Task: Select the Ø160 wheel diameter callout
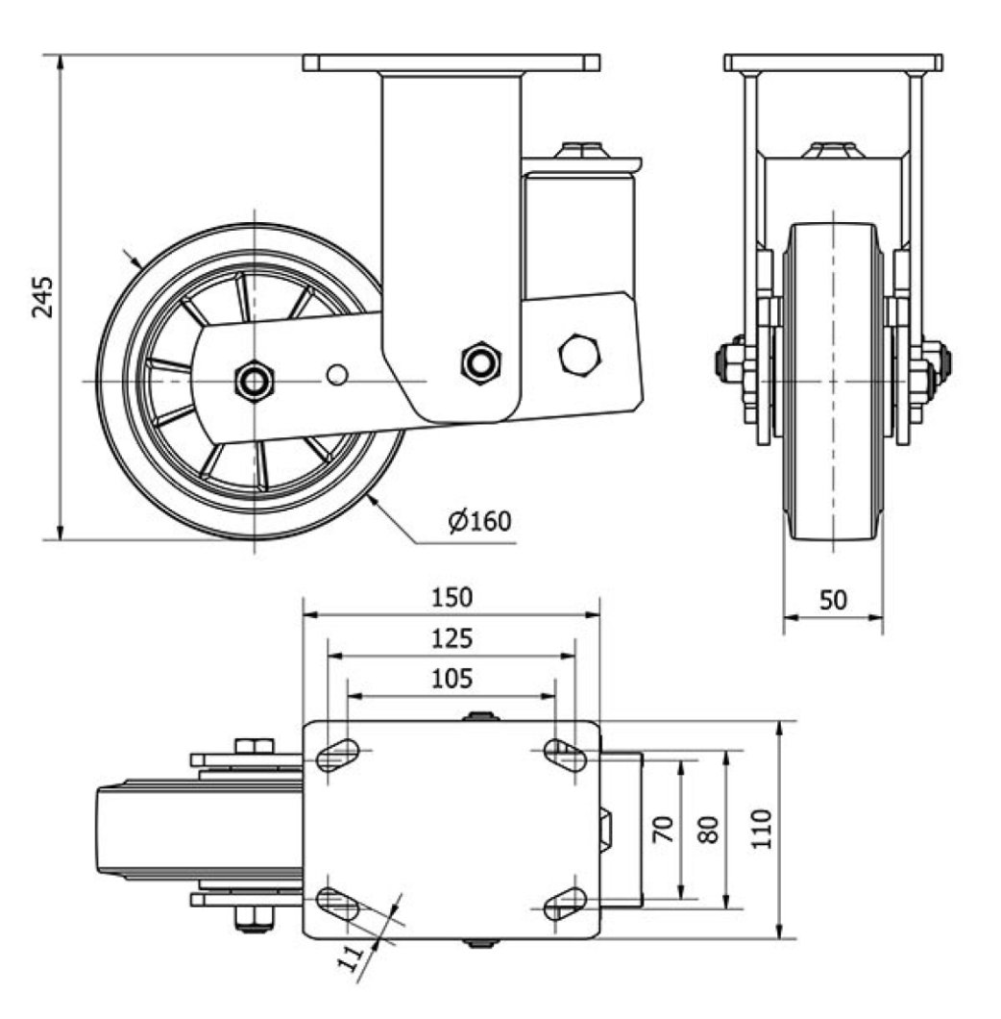[479, 521]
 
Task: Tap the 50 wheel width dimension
[833, 600]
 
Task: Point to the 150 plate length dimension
[452, 597]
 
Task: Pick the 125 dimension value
[452, 638]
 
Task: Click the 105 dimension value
[452, 679]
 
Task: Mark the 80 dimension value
[708, 829]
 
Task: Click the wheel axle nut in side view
[255, 382]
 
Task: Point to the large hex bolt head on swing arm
[580, 354]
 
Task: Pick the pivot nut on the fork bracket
[480, 361]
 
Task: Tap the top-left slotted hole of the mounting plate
[337, 756]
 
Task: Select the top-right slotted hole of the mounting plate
[565, 754]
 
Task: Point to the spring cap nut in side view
[582, 151]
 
